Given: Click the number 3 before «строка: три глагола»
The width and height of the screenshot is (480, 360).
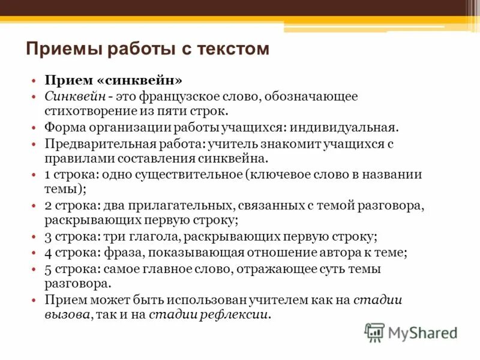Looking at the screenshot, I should click(x=48, y=236).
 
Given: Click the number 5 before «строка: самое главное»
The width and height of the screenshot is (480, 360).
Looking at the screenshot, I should click(x=48, y=268).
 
